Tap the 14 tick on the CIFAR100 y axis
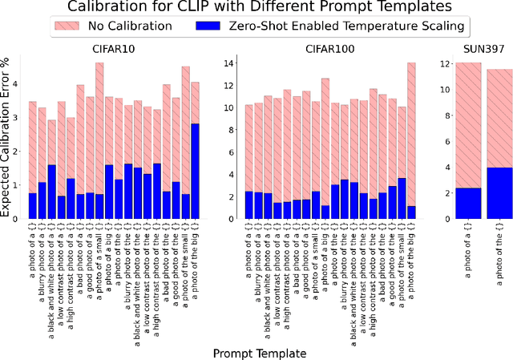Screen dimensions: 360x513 click(228, 63)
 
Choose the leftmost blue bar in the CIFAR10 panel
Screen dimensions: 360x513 click(32, 205)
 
